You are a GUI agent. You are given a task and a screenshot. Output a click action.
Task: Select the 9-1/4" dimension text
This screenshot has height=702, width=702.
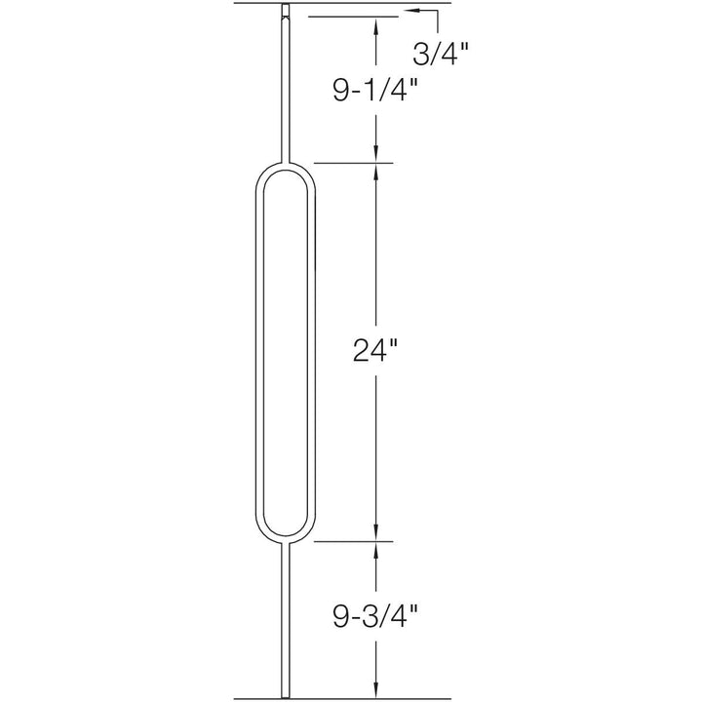(373, 90)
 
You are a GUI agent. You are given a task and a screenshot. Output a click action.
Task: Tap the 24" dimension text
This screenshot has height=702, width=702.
(376, 351)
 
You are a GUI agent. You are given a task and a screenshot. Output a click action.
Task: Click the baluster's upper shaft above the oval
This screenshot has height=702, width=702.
(287, 88)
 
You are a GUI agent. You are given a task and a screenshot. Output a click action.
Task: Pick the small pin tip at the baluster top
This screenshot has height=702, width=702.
(287, 13)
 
